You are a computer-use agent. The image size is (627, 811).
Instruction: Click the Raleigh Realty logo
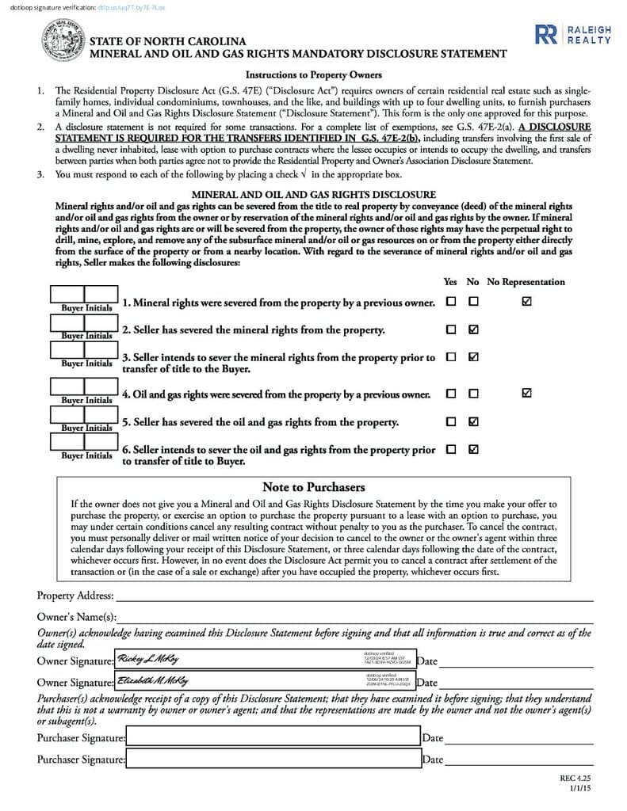point(573,34)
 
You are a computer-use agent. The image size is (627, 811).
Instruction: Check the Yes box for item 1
point(451,302)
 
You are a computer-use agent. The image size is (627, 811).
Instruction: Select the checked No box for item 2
point(473,329)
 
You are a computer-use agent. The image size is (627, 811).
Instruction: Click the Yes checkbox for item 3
point(451,357)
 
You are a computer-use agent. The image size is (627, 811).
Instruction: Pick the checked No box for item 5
point(473,421)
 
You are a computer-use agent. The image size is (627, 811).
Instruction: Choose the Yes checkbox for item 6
point(451,449)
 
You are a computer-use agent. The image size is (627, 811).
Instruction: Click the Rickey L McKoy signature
point(149,659)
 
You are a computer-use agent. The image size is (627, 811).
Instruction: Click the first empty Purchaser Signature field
point(273,737)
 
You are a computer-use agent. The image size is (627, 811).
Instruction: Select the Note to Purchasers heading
point(313,487)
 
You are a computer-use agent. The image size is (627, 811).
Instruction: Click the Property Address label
point(75,596)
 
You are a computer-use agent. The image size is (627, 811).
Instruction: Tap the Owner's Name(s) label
point(77,617)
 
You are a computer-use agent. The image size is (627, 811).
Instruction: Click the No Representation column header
point(526,282)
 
